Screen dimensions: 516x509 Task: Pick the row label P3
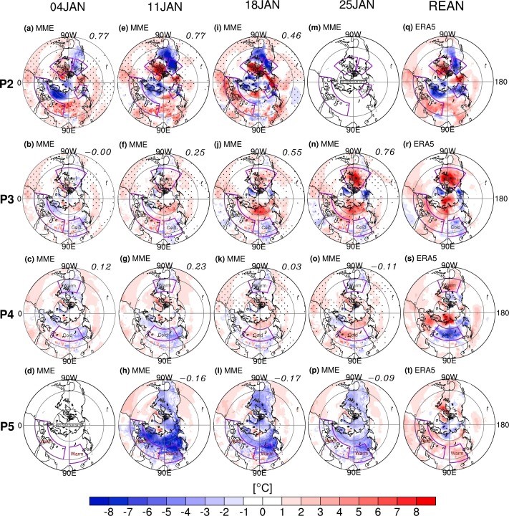pyautogui.click(x=11, y=198)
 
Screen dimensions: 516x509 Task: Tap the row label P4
pyautogui.click(x=11, y=313)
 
